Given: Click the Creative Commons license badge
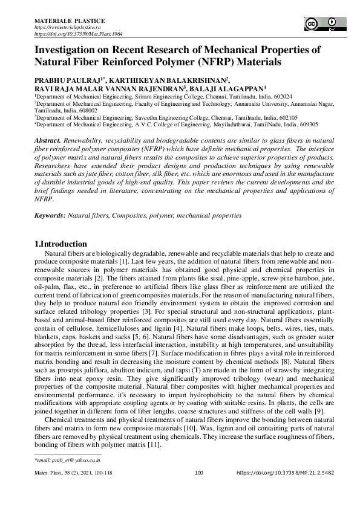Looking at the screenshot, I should pyautogui.click(x=321, y=24).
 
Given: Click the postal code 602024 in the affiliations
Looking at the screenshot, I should pyautogui.click(x=283, y=96).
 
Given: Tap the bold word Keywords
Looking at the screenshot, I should pyautogui.click(x=49, y=215).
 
